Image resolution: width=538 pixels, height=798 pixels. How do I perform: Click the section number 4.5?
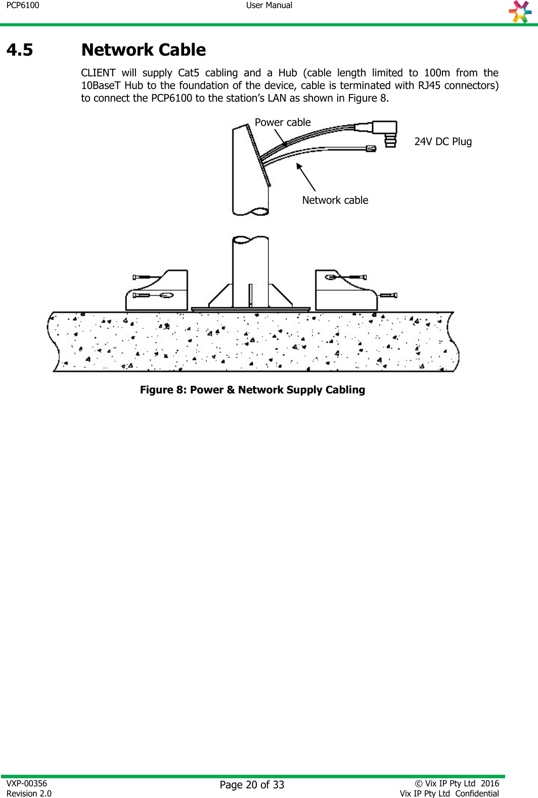[x=20, y=50]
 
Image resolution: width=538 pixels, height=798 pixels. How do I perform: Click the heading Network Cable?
[x=144, y=50]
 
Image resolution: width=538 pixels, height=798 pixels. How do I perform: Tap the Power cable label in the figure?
[x=283, y=122]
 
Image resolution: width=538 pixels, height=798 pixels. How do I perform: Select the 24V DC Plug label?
[x=443, y=142]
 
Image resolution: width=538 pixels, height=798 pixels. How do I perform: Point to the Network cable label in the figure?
[x=335, y=200]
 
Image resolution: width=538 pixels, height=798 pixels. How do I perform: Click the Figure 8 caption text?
[x=252, y=390]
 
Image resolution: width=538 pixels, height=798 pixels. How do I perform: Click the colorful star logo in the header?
[x=520, y=12]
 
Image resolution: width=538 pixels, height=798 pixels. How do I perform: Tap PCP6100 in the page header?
[x=23, y=6]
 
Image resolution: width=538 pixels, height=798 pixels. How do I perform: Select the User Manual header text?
[x=269, y=6]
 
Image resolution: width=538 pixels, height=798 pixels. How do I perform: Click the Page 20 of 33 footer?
[x=252, y=785]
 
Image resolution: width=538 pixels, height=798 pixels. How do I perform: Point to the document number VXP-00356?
[x=27, y=783]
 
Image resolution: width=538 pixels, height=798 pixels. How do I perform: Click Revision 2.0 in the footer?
[x=29, y=793]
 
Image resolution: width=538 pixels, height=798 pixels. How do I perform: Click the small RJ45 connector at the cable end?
[x=371, y=149]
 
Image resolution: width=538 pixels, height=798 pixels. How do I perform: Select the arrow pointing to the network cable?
[x=306, y=176]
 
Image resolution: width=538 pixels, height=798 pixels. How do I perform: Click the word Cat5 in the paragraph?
[x=188, y=73]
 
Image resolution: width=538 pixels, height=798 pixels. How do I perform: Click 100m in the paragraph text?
[x=437, y=73]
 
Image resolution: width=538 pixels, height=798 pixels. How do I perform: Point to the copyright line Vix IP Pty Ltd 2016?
[x=457, y=783]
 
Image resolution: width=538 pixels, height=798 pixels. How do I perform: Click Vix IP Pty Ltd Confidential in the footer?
[x=449, y=793]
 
